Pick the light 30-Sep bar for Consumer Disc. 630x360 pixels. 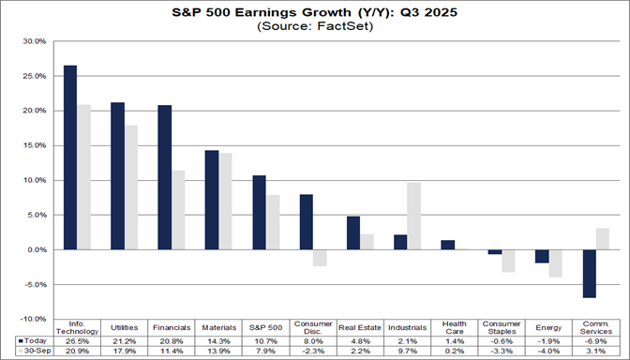[320, 258]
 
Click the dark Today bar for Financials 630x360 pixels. [164, 177]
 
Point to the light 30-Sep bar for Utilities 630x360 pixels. [130, 187]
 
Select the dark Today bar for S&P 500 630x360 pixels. [259, 212]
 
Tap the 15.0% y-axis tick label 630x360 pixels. [33, 145]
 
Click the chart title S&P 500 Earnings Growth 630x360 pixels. [314, 12]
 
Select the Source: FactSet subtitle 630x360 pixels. [314, 27]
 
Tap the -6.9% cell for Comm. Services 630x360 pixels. [595, 341]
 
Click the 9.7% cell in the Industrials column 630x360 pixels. [407, 352]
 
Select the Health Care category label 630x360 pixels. [454, 329]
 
